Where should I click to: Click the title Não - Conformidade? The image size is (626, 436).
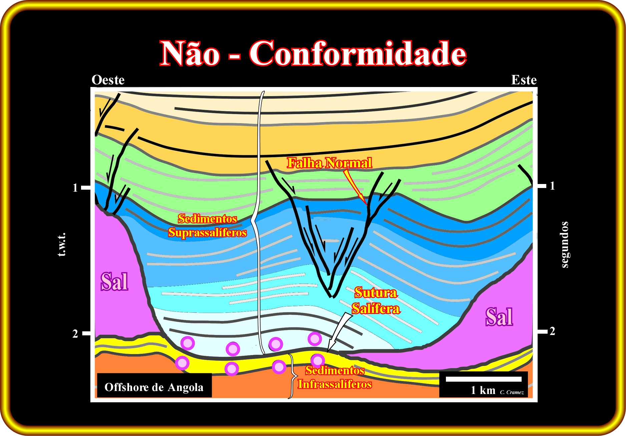pos(313,53)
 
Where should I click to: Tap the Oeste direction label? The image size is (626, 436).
pos(108,80)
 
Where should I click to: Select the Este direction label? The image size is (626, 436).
pos(524,80)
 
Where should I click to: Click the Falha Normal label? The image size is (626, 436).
pos(330,163)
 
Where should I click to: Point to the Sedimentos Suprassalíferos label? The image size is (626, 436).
pos(207,225)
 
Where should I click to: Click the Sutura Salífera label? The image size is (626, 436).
pos(376,300)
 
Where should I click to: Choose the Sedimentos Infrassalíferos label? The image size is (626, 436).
pos(335,377)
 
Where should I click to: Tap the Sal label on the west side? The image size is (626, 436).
pos(114,281)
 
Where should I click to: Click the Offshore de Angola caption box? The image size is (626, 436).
pos(154,385)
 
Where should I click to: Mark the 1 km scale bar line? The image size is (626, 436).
pos(484,379)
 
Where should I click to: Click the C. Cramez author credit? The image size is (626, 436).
pos(512,392)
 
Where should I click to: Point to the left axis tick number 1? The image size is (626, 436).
pos(75,188)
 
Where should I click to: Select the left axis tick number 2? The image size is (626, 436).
pos(75,334)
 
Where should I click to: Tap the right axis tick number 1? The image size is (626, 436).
pos(552,186)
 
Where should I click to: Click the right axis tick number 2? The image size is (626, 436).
pos(552,331)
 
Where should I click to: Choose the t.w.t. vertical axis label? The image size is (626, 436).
pos(62,245)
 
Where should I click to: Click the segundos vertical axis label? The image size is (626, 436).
pos(564,245)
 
